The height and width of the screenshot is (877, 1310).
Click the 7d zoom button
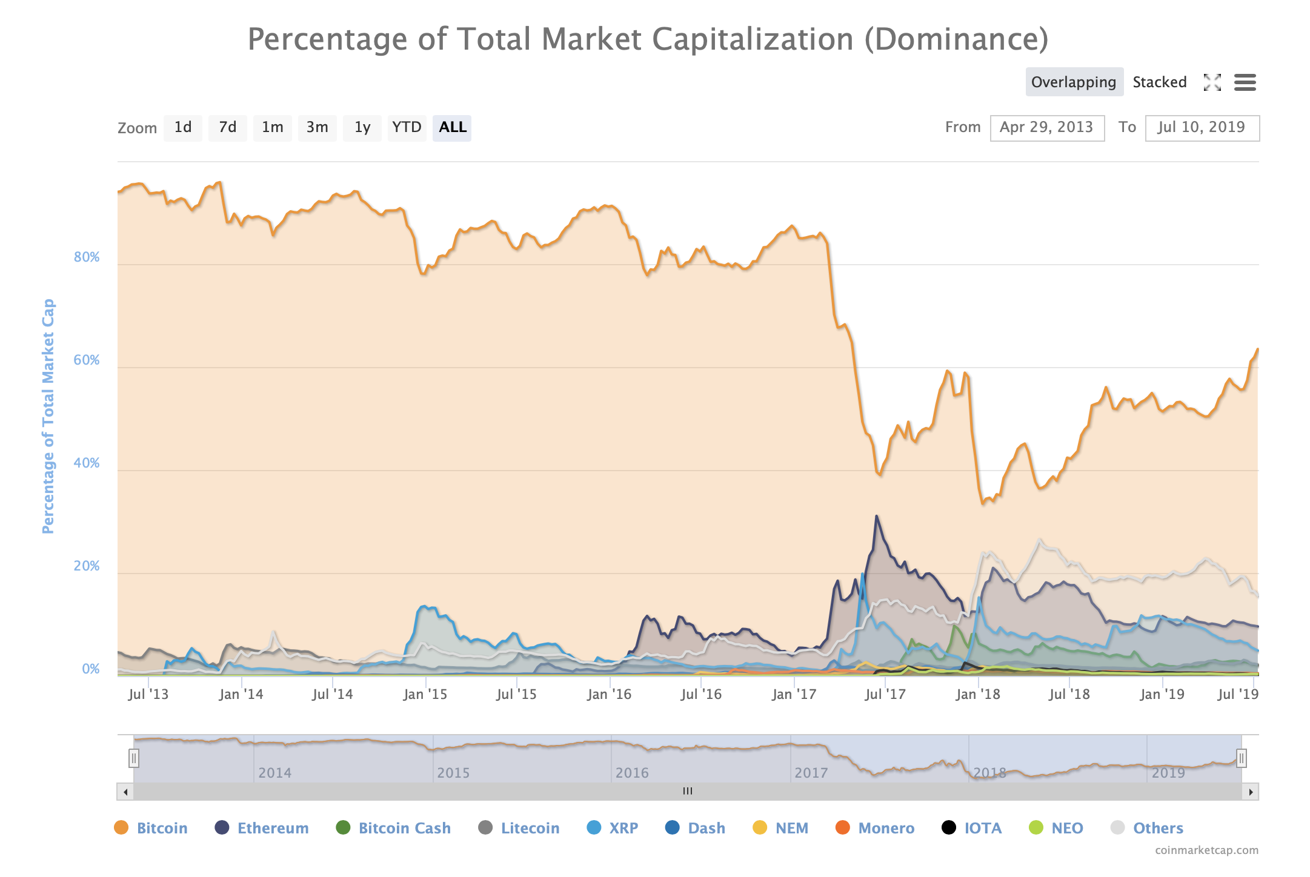click(227, 128)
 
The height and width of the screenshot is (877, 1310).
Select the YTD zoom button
click(407, 128)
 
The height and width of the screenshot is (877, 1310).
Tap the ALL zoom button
click(452, 128)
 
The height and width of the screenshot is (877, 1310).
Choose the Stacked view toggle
click(1159, 82)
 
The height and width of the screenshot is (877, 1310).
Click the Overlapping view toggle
click(1074, 82)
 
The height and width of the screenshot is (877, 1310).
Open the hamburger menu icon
click(1245, 82)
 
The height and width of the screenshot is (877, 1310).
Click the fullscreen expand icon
click(1212, 82)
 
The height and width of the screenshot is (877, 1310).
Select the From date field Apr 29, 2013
click(1046, 128)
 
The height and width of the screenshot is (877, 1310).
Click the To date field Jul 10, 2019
click(1202, 128)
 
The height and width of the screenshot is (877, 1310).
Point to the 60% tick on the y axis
click(87, 360)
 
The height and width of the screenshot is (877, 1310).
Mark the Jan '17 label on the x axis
click(794, 695)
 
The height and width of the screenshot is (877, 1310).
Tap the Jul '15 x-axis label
click(516, 695)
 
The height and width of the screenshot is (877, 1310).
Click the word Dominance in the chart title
click(956, 39)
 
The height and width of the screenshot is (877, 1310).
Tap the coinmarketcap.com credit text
click(1206, 850)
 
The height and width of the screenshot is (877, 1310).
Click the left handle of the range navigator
click(134, 758)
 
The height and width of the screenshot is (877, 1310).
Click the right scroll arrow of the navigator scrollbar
click(1251, 792)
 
